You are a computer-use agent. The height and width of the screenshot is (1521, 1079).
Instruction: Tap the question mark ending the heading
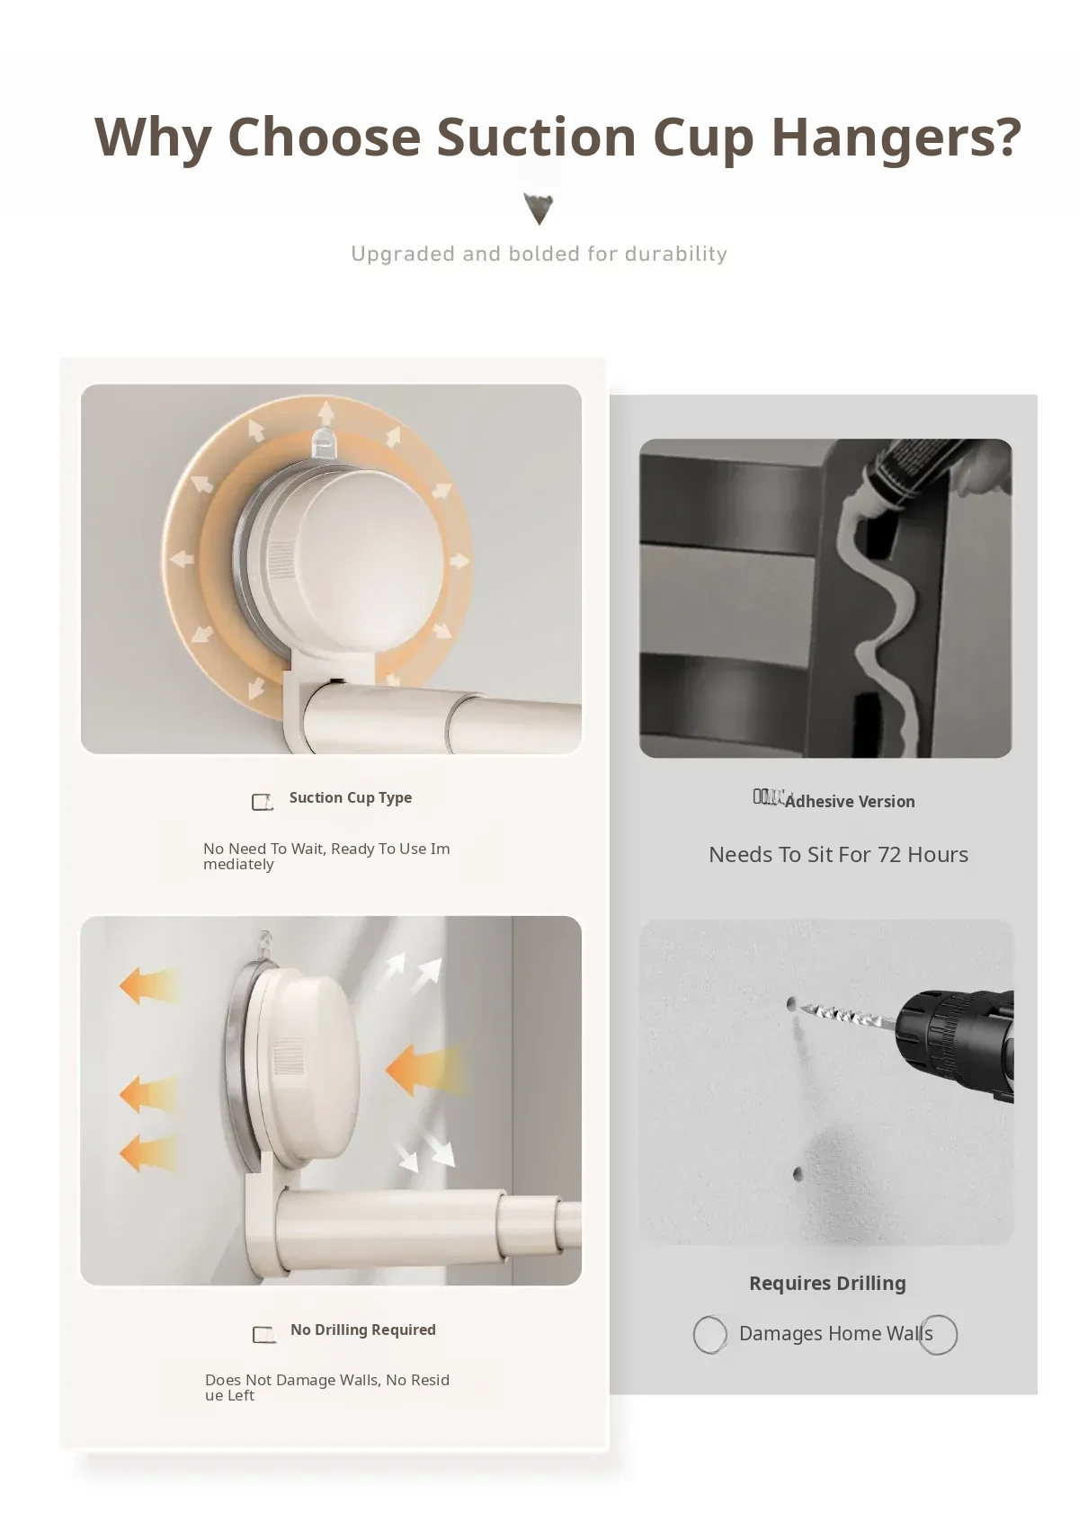click(1005, 135)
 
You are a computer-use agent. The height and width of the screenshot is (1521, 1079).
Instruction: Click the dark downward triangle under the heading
click(539, 209)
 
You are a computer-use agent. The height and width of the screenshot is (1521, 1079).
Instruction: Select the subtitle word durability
click(675, 254)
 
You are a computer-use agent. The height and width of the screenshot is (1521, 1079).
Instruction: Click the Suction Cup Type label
click(351, 798)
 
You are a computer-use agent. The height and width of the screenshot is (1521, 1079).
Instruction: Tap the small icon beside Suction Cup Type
click(263, 802)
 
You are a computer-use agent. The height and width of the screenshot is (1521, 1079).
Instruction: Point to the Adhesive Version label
click(850, 802)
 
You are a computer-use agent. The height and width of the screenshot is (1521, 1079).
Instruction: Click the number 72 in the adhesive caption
click(889, 855)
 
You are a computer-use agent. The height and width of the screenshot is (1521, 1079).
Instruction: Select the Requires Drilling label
click(828, 1284)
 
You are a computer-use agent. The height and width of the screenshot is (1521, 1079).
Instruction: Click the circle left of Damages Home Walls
click(709, 1334)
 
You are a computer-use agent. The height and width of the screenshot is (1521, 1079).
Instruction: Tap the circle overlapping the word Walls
click(939, 1334)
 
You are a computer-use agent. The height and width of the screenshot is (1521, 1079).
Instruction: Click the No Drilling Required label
click(363, 1330)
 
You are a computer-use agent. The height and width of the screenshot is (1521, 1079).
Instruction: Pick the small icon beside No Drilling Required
click(263, 1334)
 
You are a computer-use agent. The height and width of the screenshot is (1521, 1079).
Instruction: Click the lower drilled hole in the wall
click(798, 1173)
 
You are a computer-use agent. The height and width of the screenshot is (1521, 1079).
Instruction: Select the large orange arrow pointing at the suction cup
click(426, 1070)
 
